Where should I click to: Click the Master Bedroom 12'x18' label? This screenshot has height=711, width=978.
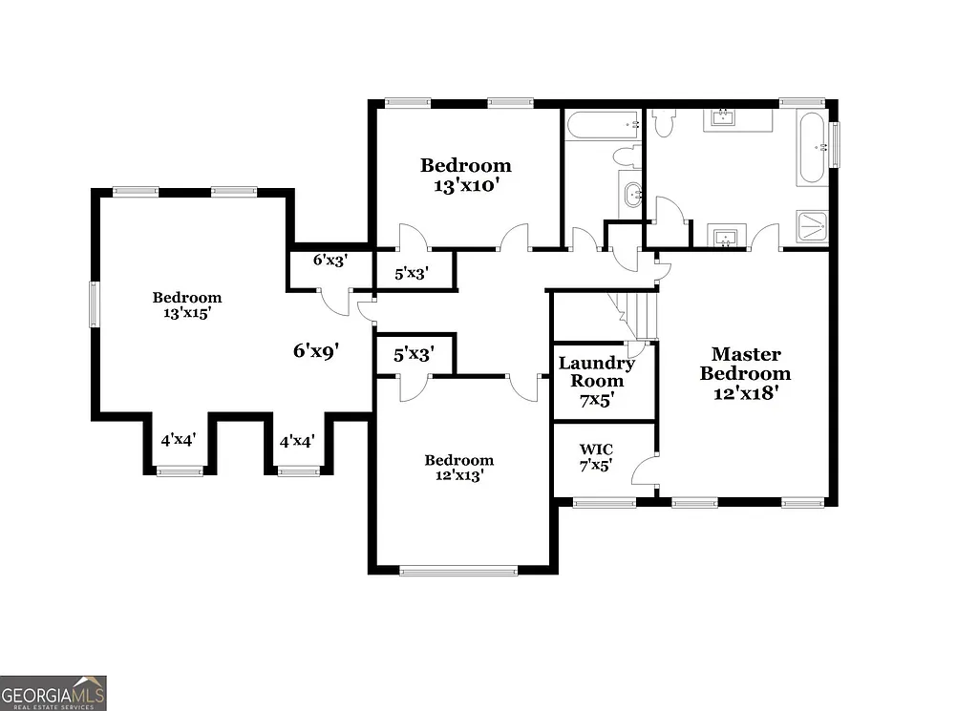click(x=745, y=373)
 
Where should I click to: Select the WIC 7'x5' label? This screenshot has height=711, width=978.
click(x=596, y=457)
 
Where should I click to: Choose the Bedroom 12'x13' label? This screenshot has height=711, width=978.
click(x=459, y=468)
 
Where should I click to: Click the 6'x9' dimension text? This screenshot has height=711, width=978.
click(x=316, y=351)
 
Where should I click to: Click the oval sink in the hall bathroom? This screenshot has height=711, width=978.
click(x=631, y=197)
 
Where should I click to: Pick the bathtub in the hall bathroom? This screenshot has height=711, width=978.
click(x=603, y=125)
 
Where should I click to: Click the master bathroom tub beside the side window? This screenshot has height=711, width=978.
click(x=813, y=149)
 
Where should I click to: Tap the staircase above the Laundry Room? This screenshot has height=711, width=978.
click(x=632, y=315)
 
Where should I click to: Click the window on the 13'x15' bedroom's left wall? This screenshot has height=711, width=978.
click(x=94, y=304)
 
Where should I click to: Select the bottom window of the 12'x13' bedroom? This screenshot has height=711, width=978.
click(x=458, y=572)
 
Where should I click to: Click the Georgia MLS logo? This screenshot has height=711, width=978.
click(x=53, y=693)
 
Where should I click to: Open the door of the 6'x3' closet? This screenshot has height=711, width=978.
click(x=336, y=300)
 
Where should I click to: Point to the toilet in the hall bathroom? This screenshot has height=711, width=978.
click(x=627, y=157)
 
